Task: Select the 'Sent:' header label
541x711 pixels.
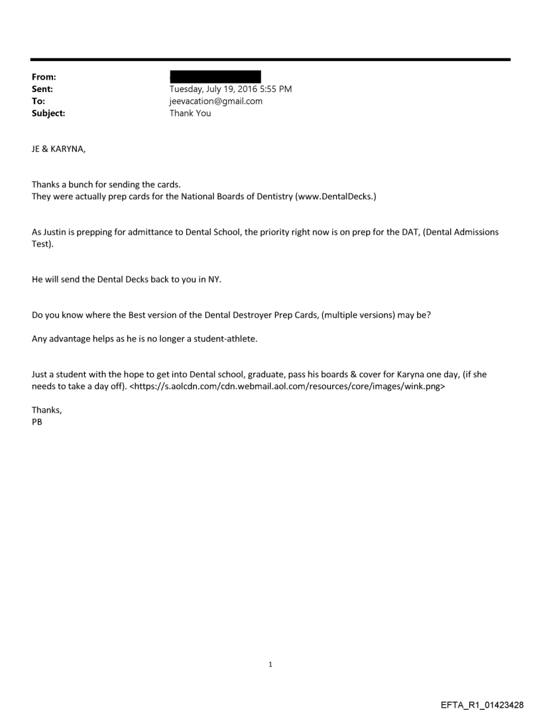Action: pyautogui.click(x=42, y=89)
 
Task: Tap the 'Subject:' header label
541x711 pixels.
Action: pyautogui.click(x=48, y=113)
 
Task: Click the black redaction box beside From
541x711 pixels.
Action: pyautogui.click(x=215, y=76)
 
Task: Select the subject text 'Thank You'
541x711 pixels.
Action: pyautogui.click(x=190, y=113)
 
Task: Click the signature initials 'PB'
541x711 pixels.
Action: pyautogui.click(x=37, y=422)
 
